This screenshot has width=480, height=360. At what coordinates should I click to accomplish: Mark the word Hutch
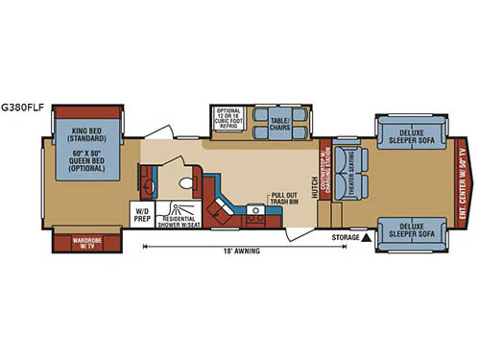[x=316, y=184]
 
